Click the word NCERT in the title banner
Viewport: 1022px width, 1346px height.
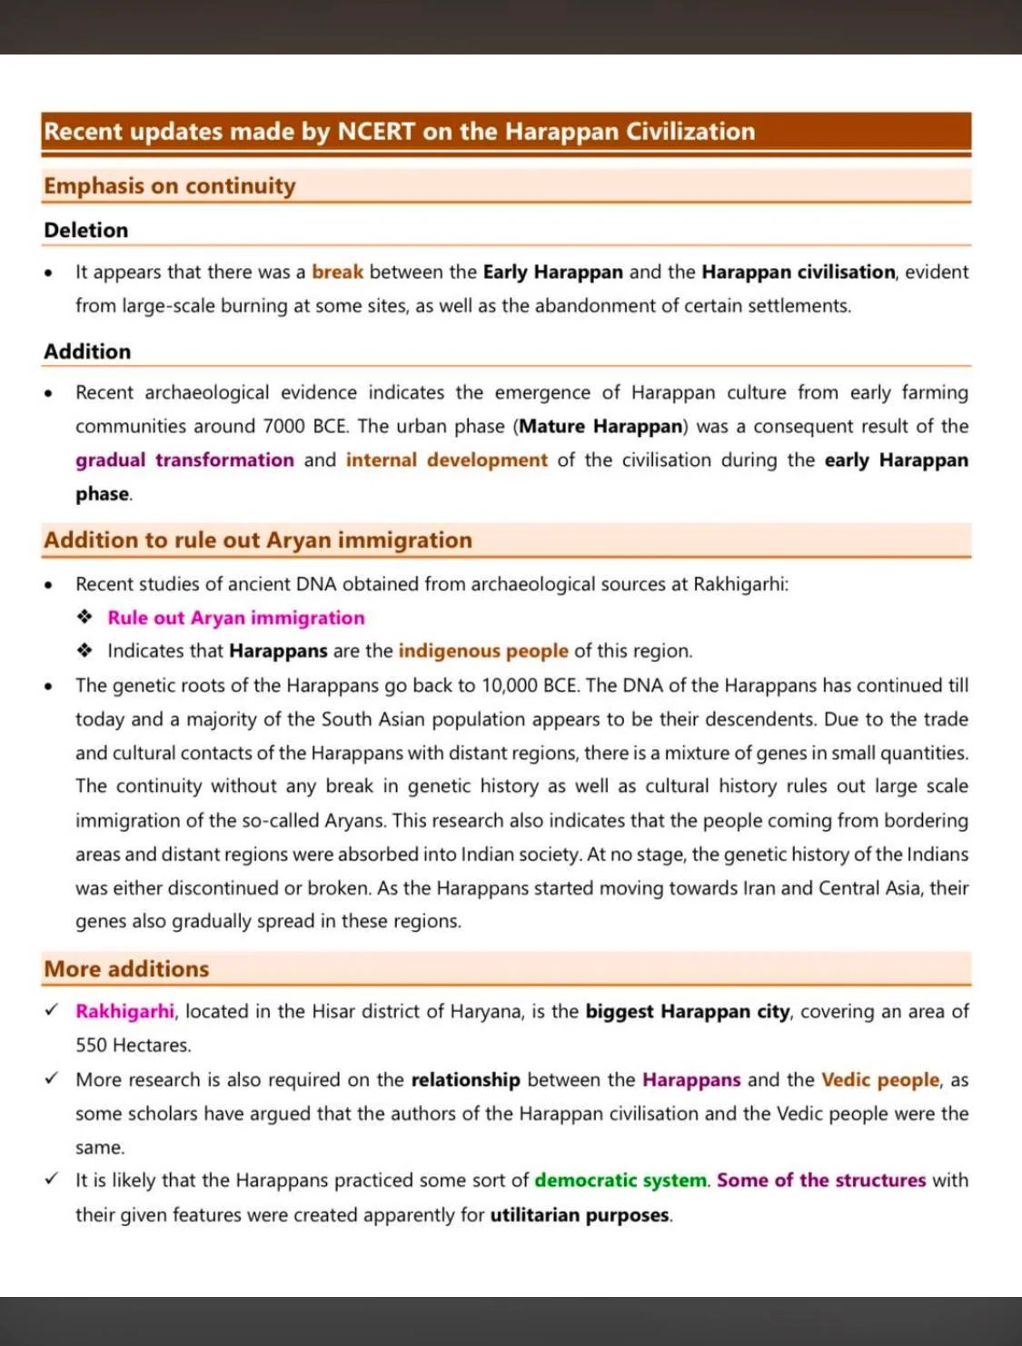(376, 132)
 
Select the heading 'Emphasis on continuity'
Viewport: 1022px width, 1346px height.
(170, 186)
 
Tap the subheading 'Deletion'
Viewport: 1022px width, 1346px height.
(86, 231)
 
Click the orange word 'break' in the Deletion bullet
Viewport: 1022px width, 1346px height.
(337, 272)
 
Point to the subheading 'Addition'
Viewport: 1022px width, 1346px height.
(87, 351)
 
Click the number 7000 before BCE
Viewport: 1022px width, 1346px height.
(284, 427)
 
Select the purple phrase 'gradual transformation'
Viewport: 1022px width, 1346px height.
(184, 460)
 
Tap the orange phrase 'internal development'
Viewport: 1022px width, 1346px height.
(446, 460)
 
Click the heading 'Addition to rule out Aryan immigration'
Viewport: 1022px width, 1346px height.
(258, 540)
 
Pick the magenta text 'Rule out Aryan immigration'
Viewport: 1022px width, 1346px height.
(236, 619)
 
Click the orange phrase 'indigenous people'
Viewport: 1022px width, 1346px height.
(483, 651)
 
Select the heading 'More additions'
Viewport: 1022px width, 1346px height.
(126, 969)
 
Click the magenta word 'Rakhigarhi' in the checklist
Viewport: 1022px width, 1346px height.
(125, 1012)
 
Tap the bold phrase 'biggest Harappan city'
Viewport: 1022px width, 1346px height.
(688, 1012)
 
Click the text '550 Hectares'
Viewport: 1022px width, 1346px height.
(133, 1045)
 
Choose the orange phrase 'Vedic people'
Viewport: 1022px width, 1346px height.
(879, 1080)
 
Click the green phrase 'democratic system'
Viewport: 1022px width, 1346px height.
(620, 1181)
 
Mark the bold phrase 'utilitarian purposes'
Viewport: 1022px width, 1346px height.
(580, 1215)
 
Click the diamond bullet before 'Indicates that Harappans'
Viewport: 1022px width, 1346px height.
(84, 651)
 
